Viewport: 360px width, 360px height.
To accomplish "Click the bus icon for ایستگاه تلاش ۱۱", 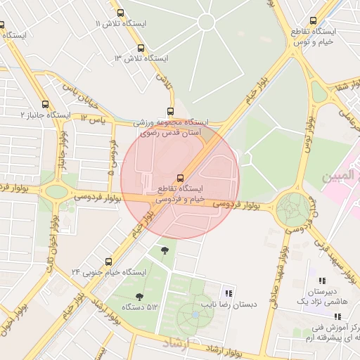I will (120, 13).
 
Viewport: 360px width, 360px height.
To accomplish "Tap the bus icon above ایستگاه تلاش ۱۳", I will (141, 48).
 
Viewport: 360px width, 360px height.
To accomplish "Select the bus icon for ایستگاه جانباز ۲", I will (46, 104).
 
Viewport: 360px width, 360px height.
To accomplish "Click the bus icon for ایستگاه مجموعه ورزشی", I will (170, 111).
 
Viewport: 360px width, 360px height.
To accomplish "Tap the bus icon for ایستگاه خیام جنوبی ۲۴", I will (108, 261).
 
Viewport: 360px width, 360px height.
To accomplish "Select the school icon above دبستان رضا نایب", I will (228, 293).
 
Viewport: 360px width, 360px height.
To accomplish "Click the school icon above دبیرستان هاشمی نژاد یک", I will (323, 281).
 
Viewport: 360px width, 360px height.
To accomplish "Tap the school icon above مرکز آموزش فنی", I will (328, 316).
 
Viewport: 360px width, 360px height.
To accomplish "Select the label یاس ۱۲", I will (92, 120).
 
